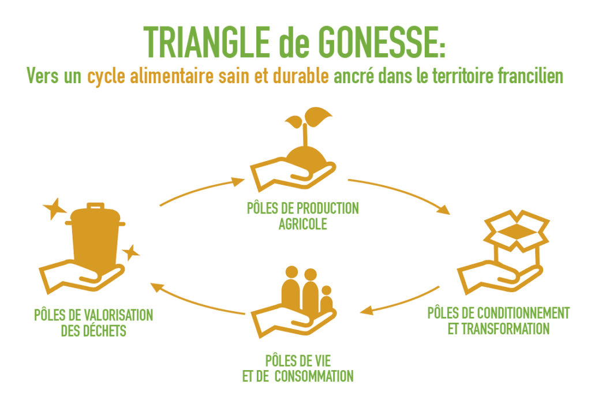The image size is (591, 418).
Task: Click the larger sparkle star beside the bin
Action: (x=54, y=208)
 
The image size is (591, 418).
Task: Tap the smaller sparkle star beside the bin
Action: (x=132, y=252)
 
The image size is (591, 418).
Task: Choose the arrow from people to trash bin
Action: (x=199, y=299)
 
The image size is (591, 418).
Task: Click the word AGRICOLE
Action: (x=302, y=224)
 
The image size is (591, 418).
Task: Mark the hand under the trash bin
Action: (x=81, y=276)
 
